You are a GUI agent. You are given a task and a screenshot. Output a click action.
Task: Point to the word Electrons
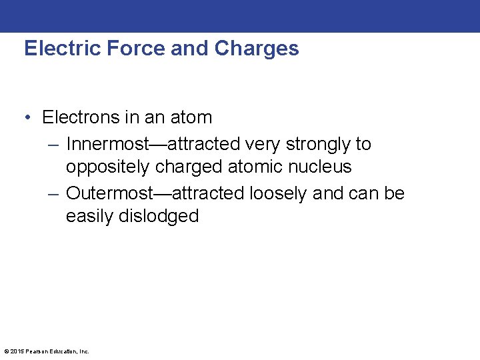click(x=81, y=117)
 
